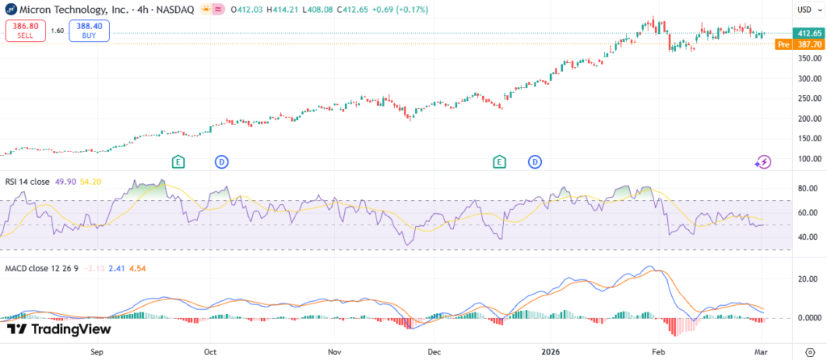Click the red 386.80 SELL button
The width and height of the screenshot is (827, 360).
(26, 31)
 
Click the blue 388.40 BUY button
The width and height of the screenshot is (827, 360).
(89, 31)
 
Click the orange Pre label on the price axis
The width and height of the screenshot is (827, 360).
(783, 44)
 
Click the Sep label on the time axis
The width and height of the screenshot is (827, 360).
(98, 352)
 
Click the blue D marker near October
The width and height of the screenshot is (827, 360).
(220, 162)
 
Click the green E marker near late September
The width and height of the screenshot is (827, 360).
(178, 162)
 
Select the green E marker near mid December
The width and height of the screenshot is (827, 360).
(500, 162)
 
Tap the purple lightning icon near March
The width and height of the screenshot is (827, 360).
(763, 162)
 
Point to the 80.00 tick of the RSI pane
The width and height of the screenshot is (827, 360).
(805, 188)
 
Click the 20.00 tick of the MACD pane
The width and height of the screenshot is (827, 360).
(805, 279)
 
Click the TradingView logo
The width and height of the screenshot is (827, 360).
(58, 329)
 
